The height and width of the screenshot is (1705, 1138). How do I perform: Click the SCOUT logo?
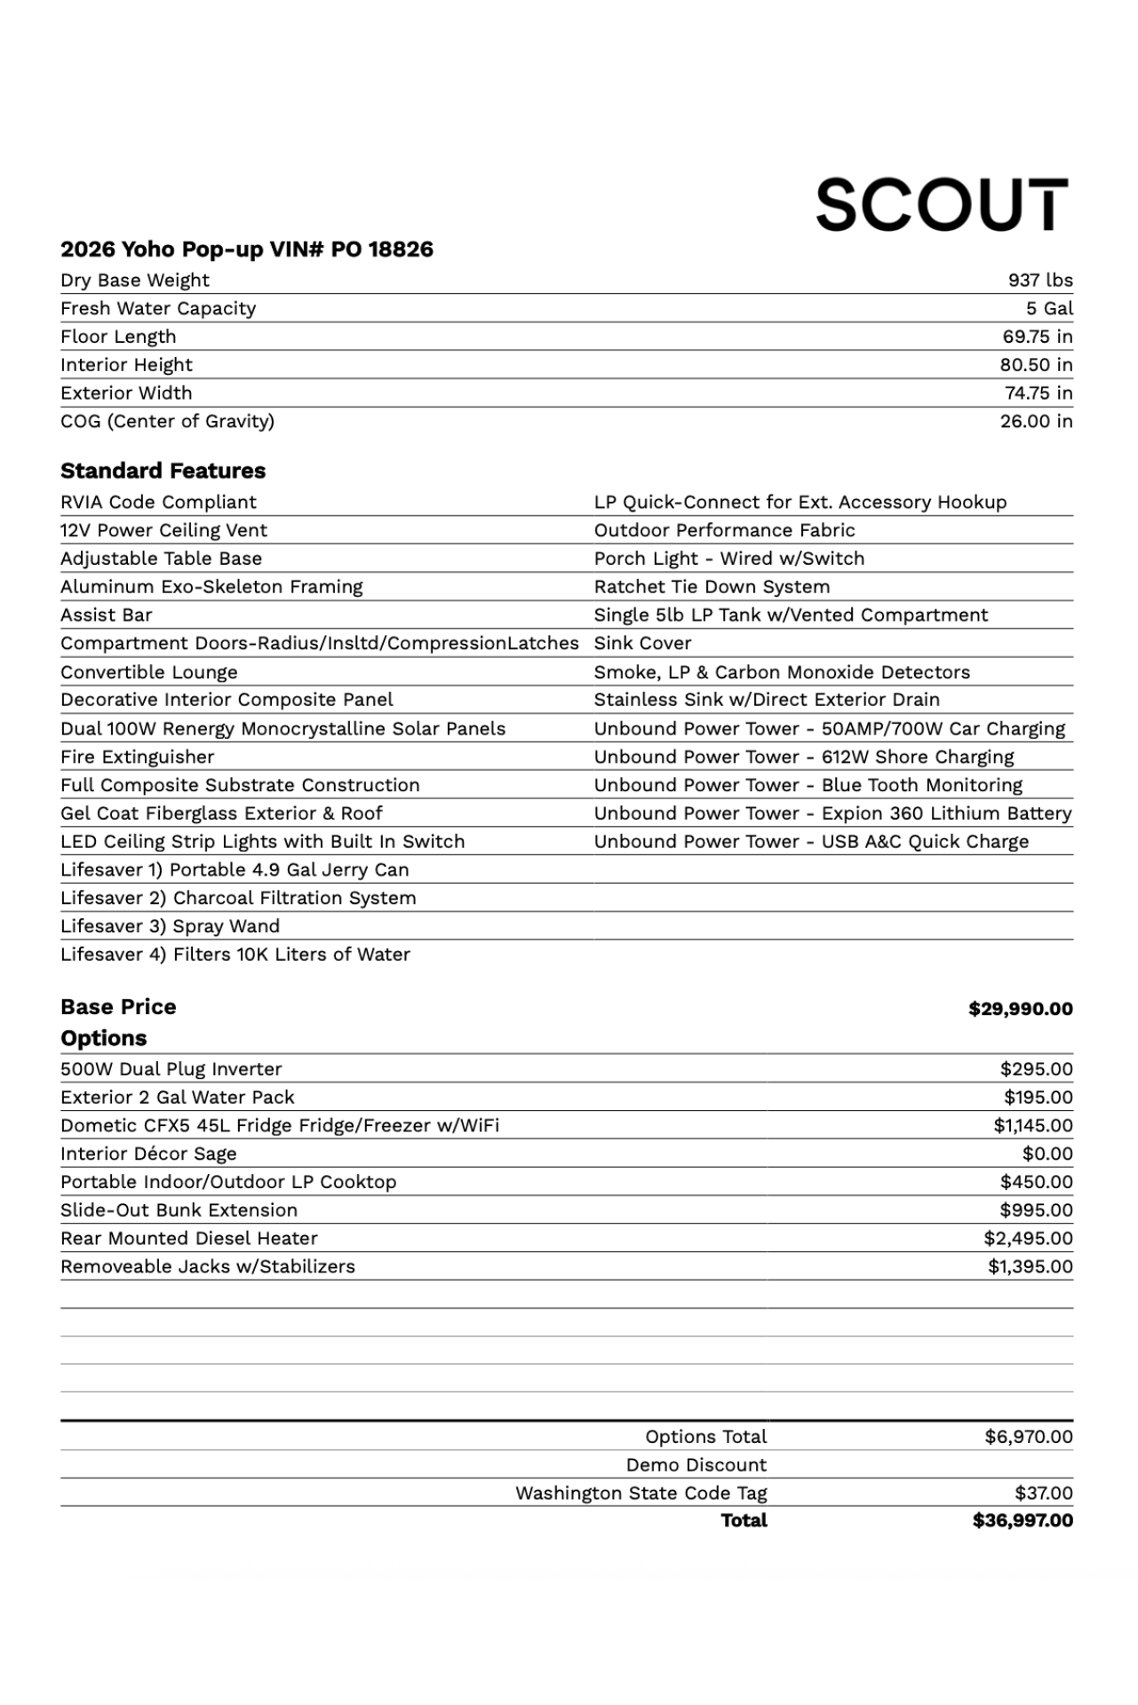[x=942, y=204]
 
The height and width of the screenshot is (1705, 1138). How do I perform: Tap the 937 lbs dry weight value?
[x=1039, y=281]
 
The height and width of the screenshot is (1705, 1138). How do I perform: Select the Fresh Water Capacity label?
[x=158, y=309]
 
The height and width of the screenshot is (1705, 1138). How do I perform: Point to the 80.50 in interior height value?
[x=1036, y=365]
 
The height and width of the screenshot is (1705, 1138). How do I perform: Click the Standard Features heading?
[x=163, y=471]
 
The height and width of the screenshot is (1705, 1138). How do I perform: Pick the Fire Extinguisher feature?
[x=137, y=757]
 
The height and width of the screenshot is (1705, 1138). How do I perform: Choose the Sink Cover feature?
[x=642, y=644]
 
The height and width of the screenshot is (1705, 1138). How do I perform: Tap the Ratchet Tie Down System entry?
[x=712, y=587]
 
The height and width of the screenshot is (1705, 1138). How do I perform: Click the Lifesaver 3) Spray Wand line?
[x=170, y=926]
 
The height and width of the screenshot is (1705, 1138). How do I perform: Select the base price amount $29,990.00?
[x=1020, y=1009]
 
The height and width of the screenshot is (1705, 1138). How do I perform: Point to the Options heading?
[x=103, y=1038]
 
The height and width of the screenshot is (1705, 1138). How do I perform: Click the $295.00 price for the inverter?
[x=1036, y=1069]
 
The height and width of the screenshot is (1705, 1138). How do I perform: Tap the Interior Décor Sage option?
[x=148, y=1154]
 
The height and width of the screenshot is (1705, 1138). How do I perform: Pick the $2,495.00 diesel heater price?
[x=1028, y=1238]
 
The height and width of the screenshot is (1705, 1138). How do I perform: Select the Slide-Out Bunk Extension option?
[x=179, y=1210]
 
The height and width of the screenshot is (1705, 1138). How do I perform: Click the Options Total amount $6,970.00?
[x=1028, y=1437]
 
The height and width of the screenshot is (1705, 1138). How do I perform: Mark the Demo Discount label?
[x=696, y=1465]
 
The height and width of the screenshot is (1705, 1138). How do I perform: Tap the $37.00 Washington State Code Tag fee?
[x=1044, y=1494]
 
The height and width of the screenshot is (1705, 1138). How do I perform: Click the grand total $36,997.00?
[x=1023, y=1520]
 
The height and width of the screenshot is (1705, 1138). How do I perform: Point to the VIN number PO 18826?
[x=382, y=250]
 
